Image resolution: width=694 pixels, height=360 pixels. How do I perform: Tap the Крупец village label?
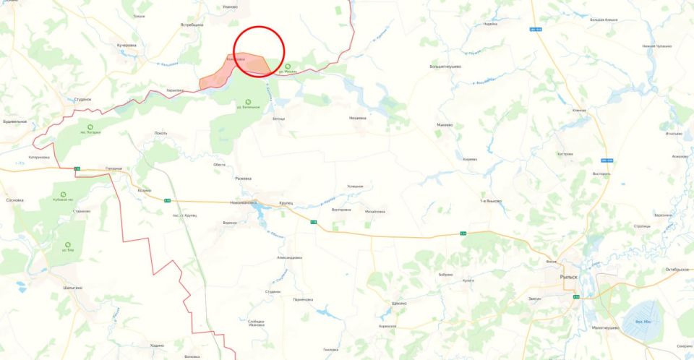(x=286, y=203)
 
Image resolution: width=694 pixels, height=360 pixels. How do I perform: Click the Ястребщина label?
(x=192, y=25)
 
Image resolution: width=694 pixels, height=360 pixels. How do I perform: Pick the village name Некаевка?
(x=358, y=118)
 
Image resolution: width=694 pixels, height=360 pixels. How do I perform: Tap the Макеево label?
(x=445, y=124)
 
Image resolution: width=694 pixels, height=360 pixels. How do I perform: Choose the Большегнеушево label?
(x=445, y=66)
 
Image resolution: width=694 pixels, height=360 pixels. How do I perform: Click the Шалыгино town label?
(x=73, y=287)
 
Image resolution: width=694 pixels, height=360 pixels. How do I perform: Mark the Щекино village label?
(x=398, y=303)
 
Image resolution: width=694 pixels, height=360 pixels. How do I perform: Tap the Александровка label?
(x=289, y=257)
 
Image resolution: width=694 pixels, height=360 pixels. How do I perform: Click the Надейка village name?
(x=490, y=23)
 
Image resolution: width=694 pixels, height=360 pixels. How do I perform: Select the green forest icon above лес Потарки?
(x=91, y=127)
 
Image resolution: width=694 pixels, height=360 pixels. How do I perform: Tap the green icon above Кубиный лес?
(x=63, y=195)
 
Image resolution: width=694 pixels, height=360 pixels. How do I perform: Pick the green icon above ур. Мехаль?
(x=288, y=66)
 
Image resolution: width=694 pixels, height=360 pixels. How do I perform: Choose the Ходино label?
(x=158, y=346)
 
